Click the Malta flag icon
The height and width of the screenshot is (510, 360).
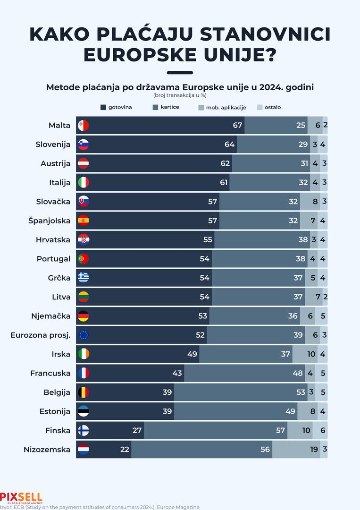click(83, 126)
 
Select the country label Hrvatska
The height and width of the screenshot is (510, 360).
click(53, 240)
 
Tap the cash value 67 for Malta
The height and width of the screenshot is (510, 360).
click(237, 126)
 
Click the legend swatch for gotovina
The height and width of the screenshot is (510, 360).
click(103, 107)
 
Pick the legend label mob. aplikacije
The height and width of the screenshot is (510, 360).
click(226, 107)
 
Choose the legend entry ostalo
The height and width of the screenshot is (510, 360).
click(272, 107)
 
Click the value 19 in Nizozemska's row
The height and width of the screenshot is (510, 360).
click(314, 450)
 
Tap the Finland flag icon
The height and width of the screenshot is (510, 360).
click(83, 430)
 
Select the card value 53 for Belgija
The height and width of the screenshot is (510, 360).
click(301, 392)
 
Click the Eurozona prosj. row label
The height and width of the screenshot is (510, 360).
click(40, 335)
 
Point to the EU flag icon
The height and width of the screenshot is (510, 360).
click(83, 335)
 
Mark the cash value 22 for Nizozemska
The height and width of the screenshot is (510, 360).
click(125, 450)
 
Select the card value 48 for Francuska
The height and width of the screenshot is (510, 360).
click(298, 373)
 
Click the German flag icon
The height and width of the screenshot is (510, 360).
click(83, 316)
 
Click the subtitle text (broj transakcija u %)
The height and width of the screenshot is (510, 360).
click(180, 95)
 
